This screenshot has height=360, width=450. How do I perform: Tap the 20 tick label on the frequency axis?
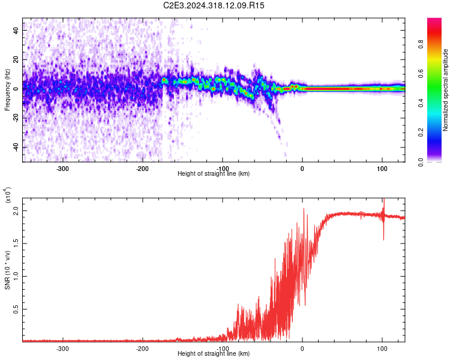click(16, 59)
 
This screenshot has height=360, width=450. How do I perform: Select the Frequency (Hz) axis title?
click(7, 90)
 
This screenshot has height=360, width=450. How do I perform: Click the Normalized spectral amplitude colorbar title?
click(446, 90)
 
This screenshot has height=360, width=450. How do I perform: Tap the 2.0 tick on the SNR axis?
click(16, 211)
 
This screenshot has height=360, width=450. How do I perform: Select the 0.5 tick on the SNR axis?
click(16, 309)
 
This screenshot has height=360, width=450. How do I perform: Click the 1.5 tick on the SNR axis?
click(16, 244)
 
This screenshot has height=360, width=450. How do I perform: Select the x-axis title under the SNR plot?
click(214, 354)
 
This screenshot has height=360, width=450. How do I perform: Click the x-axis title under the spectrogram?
click(214, 173)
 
